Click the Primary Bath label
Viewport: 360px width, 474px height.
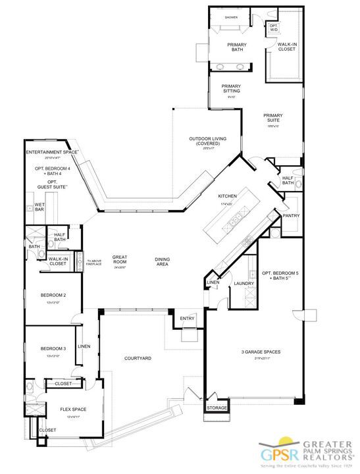tap(236, 47)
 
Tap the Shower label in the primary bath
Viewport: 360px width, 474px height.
tap(231, 17)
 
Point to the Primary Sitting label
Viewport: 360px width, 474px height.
tap(230, 88)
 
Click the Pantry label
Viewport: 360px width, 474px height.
tap(291, 215)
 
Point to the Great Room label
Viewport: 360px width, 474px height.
tap(119, 260)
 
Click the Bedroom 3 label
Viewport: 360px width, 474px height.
tap(53, 349)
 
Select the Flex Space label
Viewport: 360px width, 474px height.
tap(72, 409)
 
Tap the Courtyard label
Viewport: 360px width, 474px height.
tap(138, 358)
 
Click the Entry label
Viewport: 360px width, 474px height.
tap(188, 319)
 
